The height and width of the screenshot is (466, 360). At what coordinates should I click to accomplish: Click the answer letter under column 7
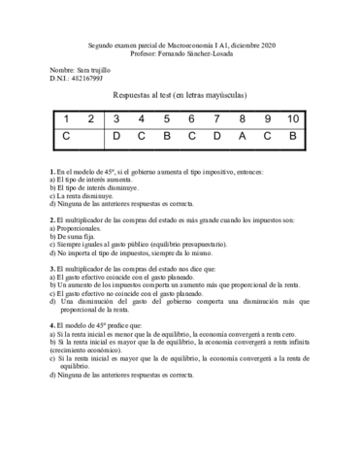coord(216,137)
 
